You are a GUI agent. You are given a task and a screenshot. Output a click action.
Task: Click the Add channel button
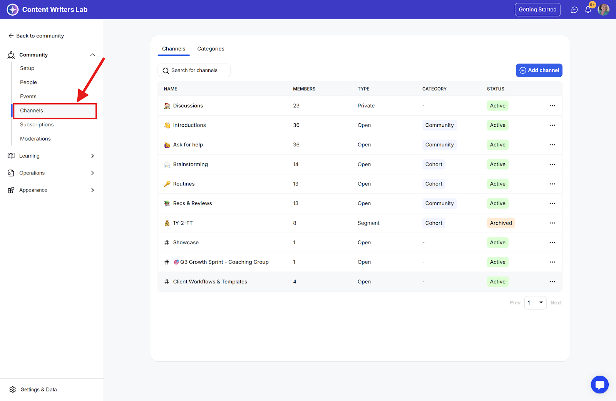point(539,70)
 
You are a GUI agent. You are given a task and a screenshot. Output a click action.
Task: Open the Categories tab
point(211,49)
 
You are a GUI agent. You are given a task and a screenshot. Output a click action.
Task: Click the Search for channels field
point(194,70)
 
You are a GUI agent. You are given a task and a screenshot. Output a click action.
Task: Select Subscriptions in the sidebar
point(37,124)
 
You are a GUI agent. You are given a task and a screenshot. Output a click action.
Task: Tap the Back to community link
point(36,36)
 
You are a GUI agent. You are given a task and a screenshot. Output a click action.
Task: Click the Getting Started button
point(537,10)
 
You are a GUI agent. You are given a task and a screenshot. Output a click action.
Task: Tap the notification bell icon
point(588,10)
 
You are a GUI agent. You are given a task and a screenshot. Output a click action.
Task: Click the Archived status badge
point(500,223)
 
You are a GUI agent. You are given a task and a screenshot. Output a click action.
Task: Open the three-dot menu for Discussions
point(552,106)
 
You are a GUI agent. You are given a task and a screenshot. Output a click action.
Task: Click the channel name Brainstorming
point(190,164)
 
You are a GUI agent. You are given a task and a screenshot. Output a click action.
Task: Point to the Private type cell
point(366,106)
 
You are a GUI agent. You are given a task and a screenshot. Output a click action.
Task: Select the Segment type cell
point(368,223)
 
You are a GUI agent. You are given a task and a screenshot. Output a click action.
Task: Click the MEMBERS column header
point(304,89)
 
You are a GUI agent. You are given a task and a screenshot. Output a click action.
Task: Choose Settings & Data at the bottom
point(38,389)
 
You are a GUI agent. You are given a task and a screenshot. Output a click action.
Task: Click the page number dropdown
point(535,303)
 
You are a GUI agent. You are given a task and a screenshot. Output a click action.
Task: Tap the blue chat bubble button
point(599,384)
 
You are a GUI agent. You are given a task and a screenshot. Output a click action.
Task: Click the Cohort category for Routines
point(434,184)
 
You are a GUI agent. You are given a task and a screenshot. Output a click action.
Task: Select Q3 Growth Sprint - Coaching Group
point(224,262)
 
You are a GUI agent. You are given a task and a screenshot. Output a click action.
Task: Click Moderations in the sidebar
point(35,139)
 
